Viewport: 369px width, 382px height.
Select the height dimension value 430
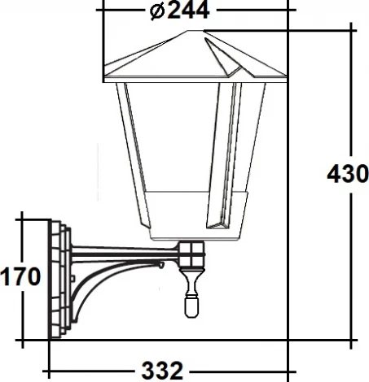click(347, 173)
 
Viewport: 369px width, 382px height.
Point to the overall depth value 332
click(162, 371)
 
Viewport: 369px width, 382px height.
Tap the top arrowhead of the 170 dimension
click(22, 219)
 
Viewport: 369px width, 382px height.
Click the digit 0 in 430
click(360, 173)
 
